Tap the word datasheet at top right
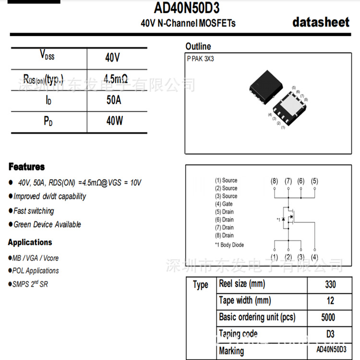click(321, 22)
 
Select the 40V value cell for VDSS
click(112, 58)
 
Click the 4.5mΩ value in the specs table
click(115, 78)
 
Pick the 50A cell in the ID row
click(114, 100)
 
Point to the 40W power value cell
click(114, 121)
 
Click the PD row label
click(48, 121)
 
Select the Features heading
click(26, 167)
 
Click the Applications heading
click(30, 242)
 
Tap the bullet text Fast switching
click(34, 211)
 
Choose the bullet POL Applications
click(36, 271)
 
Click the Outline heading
click(198, 47)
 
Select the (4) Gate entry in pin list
click(224, 204)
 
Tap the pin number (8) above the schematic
click(274, 181)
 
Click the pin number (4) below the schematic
click(314, 257)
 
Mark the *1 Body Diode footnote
click(229, 245)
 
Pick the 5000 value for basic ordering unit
click(329, 317)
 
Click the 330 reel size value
click(330, 285)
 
